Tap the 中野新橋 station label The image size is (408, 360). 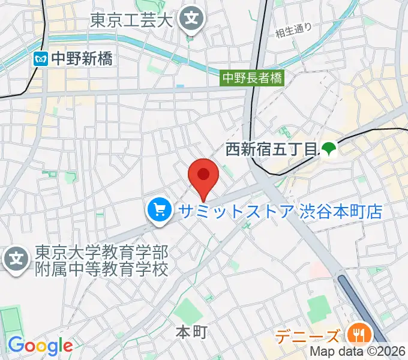click(81, 58)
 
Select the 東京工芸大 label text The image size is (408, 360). click(131, 20)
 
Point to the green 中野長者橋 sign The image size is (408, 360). click(252, 77)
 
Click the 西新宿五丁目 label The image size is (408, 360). click(270, 149)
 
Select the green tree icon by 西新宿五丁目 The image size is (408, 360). click(328, 149)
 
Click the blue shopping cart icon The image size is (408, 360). click(159, 211)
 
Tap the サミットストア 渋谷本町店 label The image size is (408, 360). click(278, 211)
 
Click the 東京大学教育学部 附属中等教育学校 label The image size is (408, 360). click(101, 259)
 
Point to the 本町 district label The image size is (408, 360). click(191, 331)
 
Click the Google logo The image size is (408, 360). click(40, 346)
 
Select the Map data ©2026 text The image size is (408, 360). click(358, 352)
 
